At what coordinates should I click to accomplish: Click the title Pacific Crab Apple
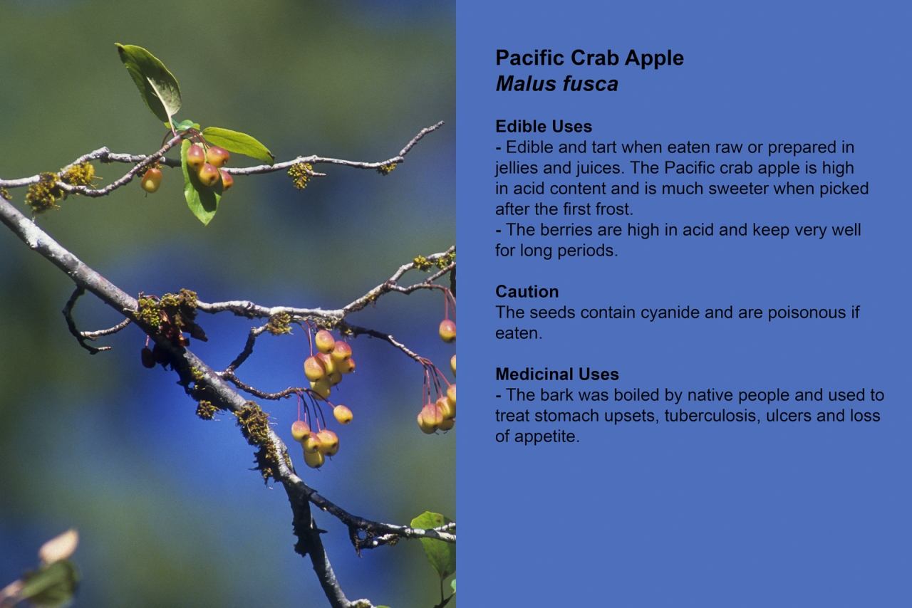tap(589, 58)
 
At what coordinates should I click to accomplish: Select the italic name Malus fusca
tap(556, 84)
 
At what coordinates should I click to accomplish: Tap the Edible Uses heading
tap(544, 127)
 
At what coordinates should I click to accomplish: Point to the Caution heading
tap(527, 292)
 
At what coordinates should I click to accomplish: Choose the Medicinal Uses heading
tap(557, 374)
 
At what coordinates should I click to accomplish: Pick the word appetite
tap(546, 437)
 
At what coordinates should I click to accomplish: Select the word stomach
tap(568, 416)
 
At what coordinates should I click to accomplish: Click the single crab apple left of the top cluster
tap(151, 180)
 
